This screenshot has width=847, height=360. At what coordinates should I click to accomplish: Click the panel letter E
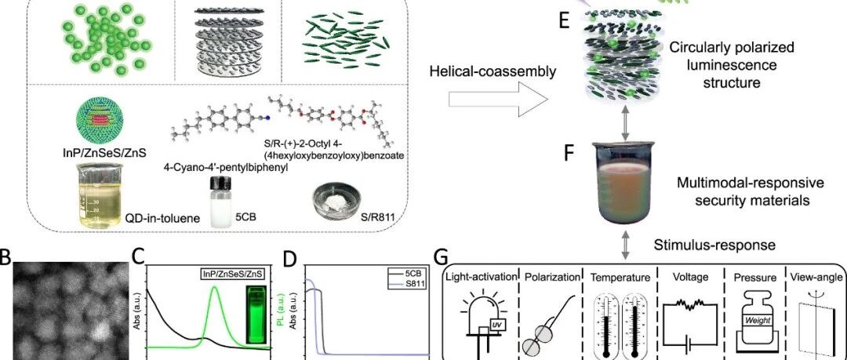[x=565, y=22]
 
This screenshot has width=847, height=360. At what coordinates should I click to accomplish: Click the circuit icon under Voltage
[x=690, y=325]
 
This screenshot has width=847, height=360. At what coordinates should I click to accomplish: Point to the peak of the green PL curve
[x=215, y=287]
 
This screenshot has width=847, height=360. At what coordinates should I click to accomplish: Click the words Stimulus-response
[x=715, y=245]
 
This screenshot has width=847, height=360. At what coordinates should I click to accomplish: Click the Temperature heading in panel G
[x=620, y=278]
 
